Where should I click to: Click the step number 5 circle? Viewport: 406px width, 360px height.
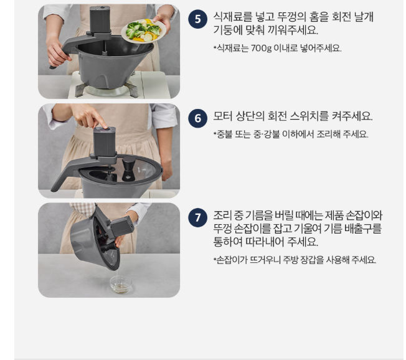(x=197, y=19)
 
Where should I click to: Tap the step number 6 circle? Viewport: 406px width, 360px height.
(x=197, y=118)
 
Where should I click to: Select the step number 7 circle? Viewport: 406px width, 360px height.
(x=197, y=217)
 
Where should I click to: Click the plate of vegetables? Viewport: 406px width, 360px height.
(x=144, y=31)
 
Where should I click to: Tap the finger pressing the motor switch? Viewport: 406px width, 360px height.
(x=101, y=122)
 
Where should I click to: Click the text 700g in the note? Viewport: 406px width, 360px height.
(x=261, y=48)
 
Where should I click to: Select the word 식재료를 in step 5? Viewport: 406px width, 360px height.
(x=233, y=17)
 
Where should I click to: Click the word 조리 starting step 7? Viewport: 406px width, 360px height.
(x=223, y=216)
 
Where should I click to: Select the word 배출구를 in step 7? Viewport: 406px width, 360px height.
(x=363, y=229)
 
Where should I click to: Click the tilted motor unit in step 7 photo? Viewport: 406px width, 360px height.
(x=120, y=227)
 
